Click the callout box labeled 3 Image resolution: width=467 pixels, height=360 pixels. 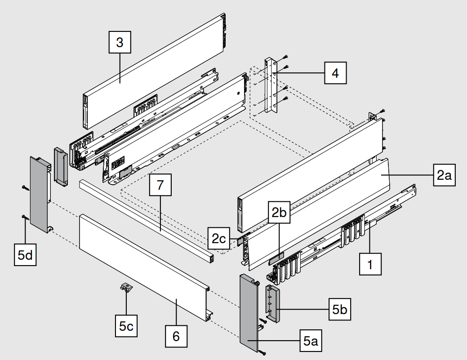[119, 43]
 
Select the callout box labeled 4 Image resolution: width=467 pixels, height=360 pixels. [335, 73]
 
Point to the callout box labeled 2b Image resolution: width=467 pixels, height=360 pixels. [279, 213]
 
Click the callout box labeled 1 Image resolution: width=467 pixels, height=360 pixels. [370, 264]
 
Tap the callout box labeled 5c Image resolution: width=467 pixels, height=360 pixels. [126, 326]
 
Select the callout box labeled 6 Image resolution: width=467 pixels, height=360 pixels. [176, 335]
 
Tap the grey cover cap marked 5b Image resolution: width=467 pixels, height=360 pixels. [273, 303]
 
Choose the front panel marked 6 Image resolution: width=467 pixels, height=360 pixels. [144, 261]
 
